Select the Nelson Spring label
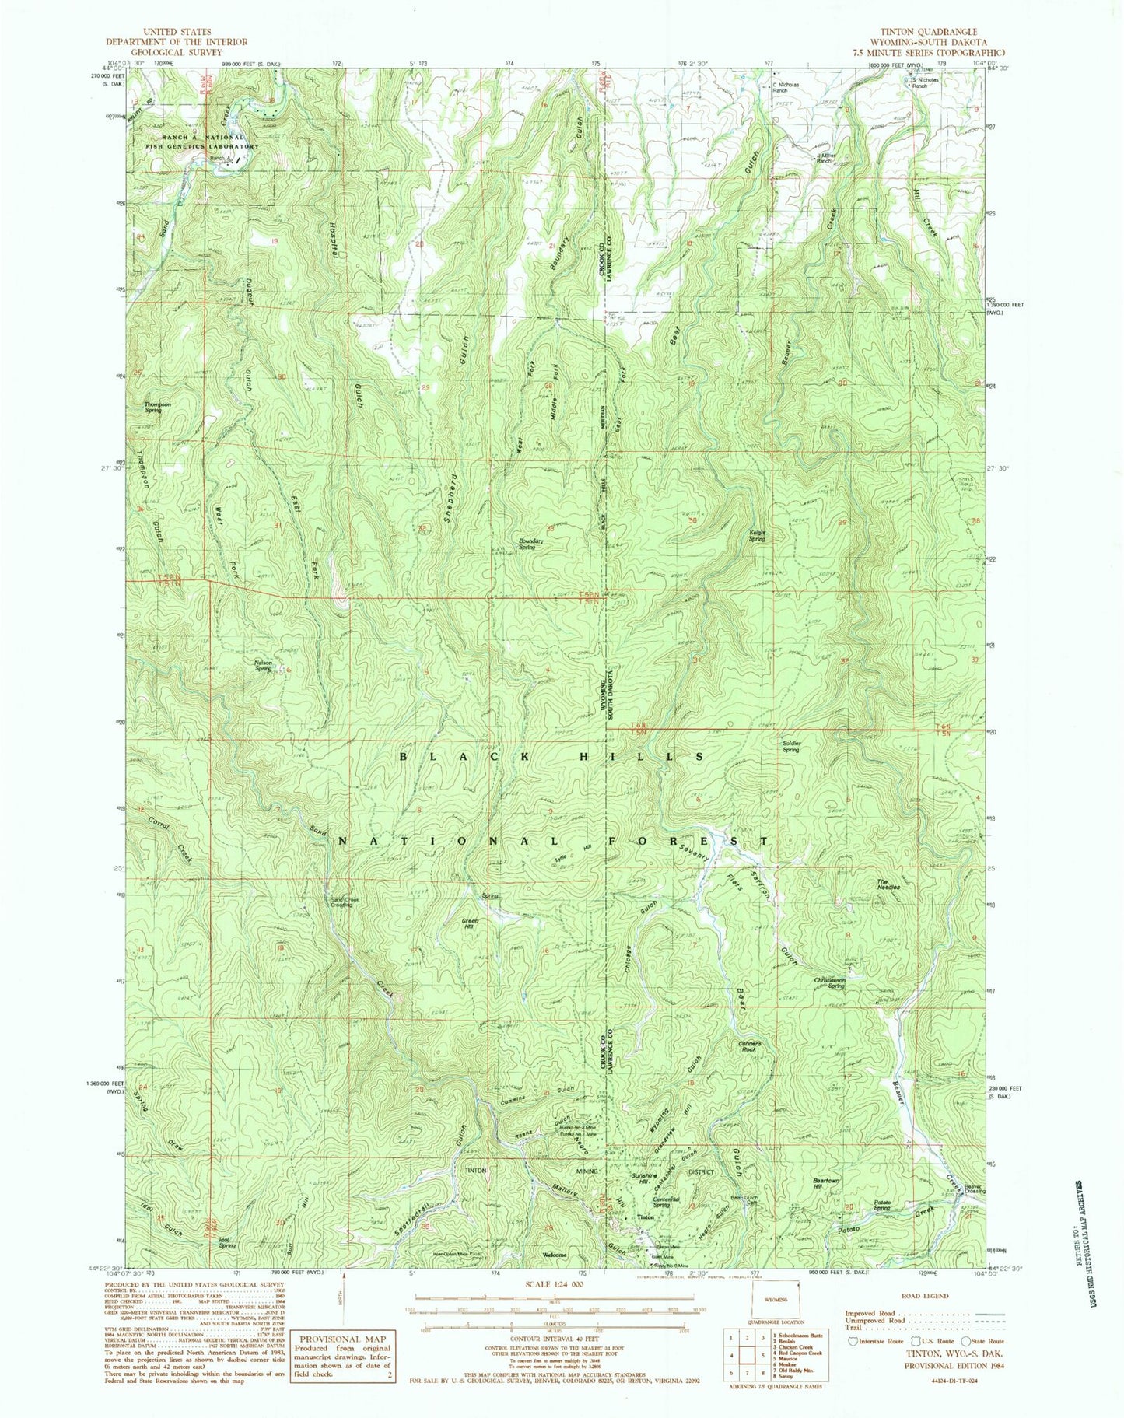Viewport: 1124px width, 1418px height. (x=263, y=666)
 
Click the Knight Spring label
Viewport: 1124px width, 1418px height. (x=758, y=535)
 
